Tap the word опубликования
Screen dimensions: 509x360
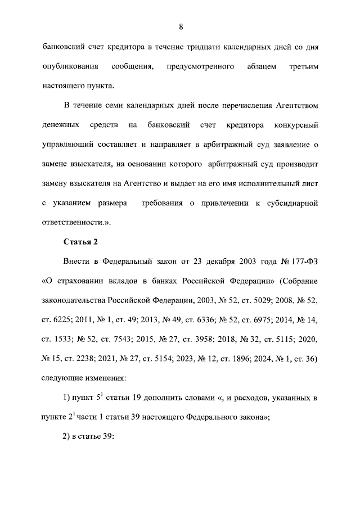[71, 67]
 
